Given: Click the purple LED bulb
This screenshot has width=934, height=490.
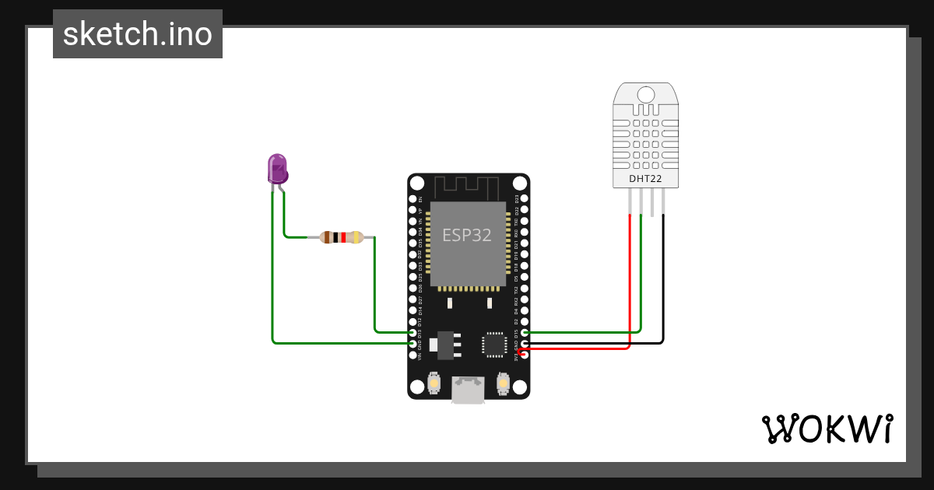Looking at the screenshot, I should (277, 167).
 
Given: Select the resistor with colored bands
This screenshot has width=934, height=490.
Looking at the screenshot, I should (342, 237).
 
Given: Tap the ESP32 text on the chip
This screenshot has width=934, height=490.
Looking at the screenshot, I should (467, 235).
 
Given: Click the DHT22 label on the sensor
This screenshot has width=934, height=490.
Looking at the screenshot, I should (646, 180).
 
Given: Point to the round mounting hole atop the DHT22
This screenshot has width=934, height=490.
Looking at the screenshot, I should (646, 96).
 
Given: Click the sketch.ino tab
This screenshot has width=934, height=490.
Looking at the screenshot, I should (138, 34).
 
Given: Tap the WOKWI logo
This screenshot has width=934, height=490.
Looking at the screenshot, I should (827, 429).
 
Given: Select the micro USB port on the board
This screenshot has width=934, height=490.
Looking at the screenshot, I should (469, 390).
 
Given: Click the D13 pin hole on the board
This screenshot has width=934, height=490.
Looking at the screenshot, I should (413, 332).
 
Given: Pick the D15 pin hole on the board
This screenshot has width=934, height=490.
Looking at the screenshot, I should (525, 332).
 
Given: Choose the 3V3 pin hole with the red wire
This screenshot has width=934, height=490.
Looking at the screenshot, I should (525, 354).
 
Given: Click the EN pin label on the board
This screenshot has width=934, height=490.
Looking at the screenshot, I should (421, 199).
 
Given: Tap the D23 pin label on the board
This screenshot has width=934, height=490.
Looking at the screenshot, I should (516, 199).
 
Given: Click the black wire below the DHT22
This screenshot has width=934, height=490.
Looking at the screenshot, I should (663, 272).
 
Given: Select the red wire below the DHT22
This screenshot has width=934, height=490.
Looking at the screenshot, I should (629, 272).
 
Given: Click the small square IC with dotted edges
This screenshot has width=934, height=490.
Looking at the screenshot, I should (494, 344).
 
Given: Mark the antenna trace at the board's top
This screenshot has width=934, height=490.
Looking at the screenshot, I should (465, 187).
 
